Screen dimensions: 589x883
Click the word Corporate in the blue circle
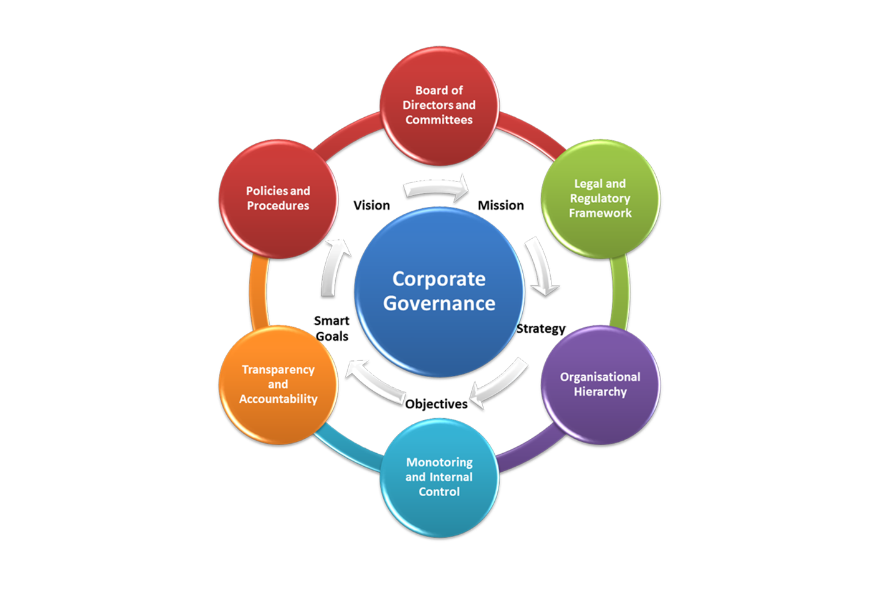coord(439,279)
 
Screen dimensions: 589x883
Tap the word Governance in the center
coord(439,304)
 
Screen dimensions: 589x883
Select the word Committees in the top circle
coord(439,120)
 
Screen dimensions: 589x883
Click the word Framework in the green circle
coord(600,213)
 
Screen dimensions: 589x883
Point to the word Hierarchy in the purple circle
coord(600,391)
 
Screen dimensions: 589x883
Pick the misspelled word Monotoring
coord(439,462)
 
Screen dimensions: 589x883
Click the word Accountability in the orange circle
coord(278,399)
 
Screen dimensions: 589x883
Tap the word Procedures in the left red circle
coord(278,206)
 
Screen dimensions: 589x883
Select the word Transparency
coord(278,370)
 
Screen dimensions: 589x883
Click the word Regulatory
coord(600,198)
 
